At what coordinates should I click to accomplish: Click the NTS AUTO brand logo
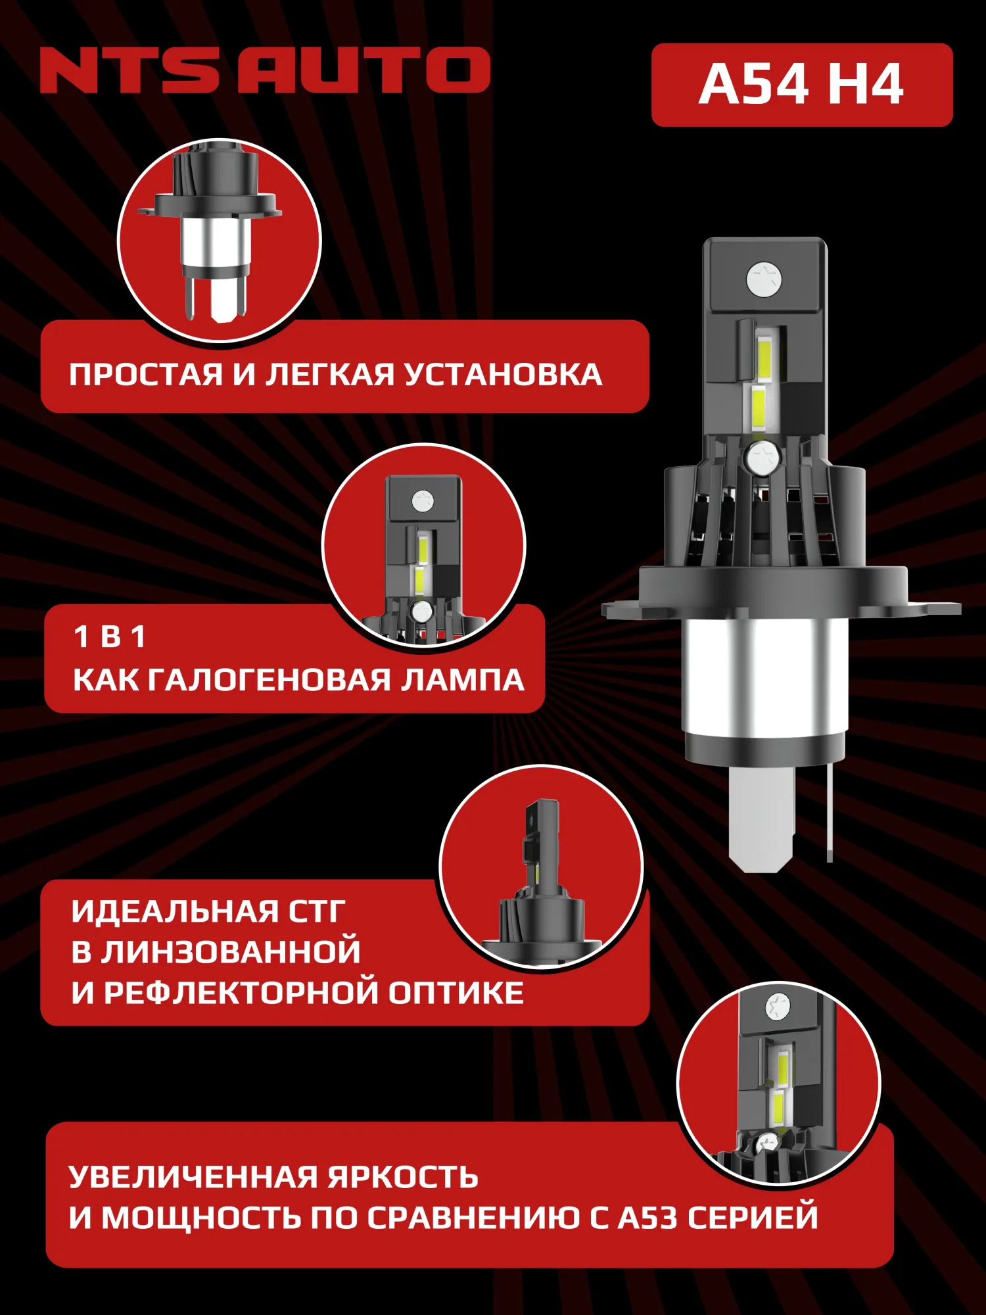click(x=265, y=70)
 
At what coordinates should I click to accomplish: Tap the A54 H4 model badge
click(x=801, y=85)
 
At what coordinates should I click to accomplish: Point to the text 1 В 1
click(x=109, y=636)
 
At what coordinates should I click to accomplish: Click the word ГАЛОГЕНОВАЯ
click(x=269, y=680)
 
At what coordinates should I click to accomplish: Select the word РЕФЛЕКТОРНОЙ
click(x=241, y=993)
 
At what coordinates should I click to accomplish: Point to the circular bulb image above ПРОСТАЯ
click(x=219, y=240)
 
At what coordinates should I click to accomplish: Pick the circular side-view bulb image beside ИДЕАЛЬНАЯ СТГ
click(x=541, y=867)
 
